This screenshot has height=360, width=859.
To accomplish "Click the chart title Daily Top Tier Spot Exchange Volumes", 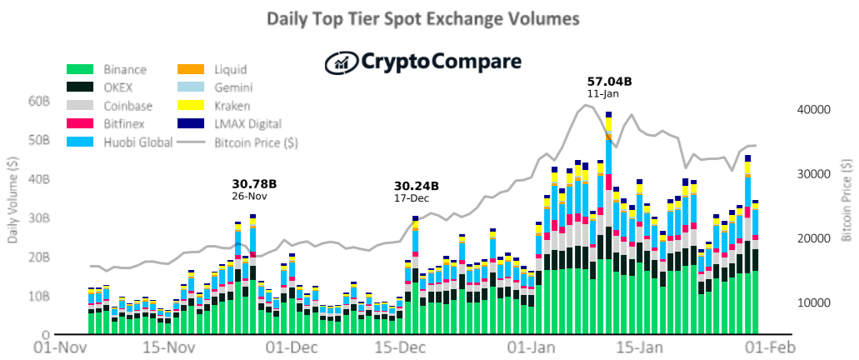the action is click(x=423, y=19).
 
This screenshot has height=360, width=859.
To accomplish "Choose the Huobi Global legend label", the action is click(x=138, y=142).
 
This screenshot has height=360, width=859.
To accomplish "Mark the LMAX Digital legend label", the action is click(x=247, y=124).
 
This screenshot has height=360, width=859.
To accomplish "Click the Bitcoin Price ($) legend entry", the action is click(x=237, y=142).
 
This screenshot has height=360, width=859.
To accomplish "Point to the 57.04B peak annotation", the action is click(x=609, y=82).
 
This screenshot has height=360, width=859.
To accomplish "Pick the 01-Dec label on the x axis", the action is click(x=287, y=348).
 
